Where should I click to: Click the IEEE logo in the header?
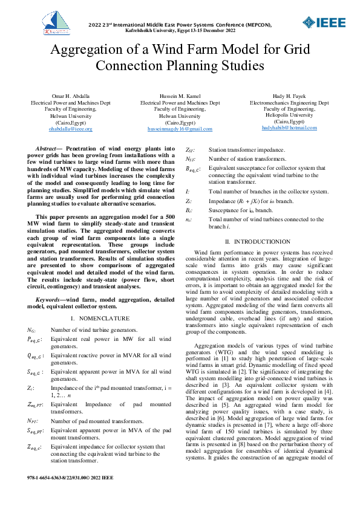[x=325, y=23]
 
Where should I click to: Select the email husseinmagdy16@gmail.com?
[x=180, y=129]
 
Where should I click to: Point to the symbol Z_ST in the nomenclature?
[x=191, y=149]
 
